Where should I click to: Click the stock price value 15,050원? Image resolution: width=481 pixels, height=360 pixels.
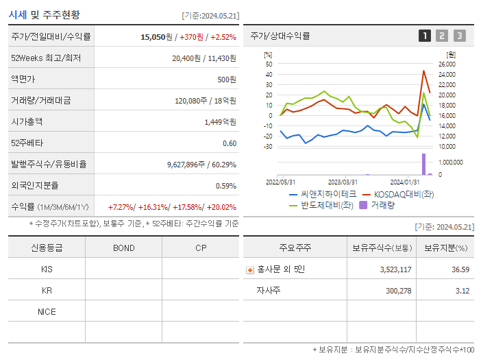click(x=156, y=36)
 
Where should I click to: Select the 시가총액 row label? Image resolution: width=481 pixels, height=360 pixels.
click(x=27, y=121)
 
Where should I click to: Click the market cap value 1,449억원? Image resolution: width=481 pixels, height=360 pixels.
click(x=220, y=121)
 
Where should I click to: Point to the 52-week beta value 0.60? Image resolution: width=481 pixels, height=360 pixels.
click(x=230, y=143)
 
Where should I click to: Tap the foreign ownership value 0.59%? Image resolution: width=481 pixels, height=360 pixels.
click(x=225, y=186)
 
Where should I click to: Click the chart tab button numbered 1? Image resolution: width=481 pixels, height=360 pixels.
click(x=425, y=36)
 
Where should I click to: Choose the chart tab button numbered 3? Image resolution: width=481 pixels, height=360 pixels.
click(x=459, y=36)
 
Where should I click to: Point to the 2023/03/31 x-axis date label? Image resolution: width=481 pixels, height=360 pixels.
click(x=343, y=182)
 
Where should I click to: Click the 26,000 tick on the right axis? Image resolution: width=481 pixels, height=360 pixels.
click(x=447, y=64)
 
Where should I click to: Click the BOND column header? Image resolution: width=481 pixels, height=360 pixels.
click(x=123, y=248)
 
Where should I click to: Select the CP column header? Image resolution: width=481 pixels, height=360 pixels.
click(x=200, y=248)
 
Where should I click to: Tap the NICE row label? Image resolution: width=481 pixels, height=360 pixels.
click(x=47, y=312)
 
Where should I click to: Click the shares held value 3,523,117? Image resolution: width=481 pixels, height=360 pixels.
click(x=395, y=269)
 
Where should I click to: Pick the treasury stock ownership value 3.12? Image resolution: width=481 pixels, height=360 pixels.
click(x=463, y=291)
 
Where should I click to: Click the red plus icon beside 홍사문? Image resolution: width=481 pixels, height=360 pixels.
click(x=250, y=269)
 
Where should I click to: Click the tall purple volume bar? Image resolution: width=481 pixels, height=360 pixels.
click(x=423, y=164)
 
